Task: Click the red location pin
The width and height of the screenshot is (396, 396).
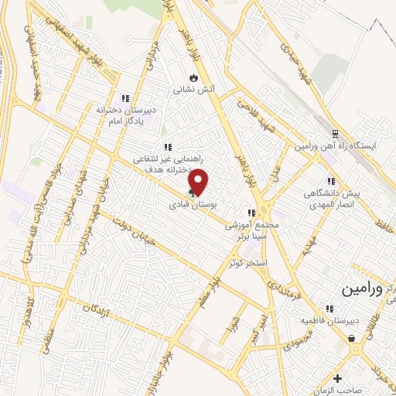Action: pos(200,181)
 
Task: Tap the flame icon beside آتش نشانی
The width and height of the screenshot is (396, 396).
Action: pos(193,77)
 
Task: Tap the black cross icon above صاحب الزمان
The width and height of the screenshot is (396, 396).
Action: pos(336,377)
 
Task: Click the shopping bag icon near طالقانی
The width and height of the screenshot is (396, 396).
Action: pos(352,338)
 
